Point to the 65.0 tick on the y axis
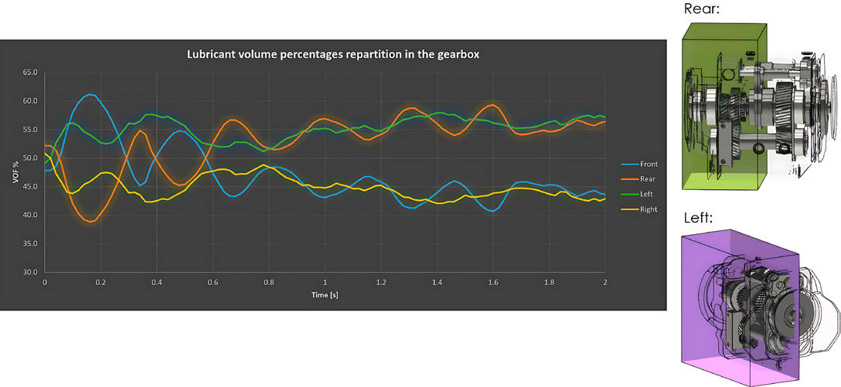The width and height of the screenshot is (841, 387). pyautogui.click(x=29, y=73)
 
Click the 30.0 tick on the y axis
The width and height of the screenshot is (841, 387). pyautogui.click(x=29, y=272)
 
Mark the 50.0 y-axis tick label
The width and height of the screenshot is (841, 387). pyautogui.click(x=29, y=158)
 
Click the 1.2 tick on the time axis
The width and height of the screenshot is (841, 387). pyautogui.click(x=380, y=283)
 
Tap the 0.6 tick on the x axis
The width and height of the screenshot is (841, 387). pyautogui.click(x=213, y=283)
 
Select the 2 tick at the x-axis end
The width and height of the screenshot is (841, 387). pyautogui.click(x=605, y=283)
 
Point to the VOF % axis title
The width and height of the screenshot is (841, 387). pyautogui.click(x=14, y=171)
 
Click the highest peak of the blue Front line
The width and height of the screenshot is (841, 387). pyautogui.click(x=91, y=94)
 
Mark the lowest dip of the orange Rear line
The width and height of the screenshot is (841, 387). pyautogui.click(x=91, y=222)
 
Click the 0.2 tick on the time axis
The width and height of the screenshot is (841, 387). pyautogui.click(x=100, y=283)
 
